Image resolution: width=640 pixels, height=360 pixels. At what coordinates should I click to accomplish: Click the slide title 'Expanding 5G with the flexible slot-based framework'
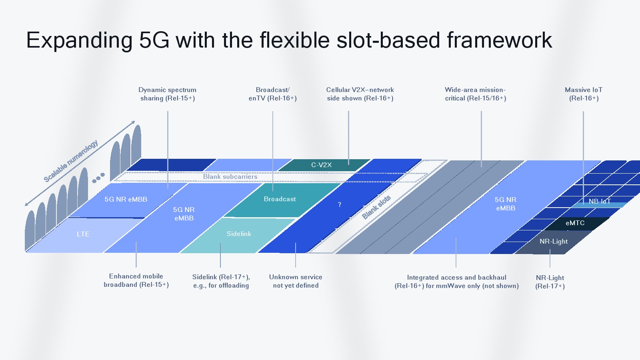point(289,40)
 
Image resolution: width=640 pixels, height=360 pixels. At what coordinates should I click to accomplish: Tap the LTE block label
point(83,234)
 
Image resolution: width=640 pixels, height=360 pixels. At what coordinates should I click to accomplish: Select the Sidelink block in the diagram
point(239,234)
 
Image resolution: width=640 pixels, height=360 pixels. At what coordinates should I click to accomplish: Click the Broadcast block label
point(280,199)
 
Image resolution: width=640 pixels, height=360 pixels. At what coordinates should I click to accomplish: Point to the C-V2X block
point(322,165)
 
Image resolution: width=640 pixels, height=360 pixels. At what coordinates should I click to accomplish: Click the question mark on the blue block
point(340,205)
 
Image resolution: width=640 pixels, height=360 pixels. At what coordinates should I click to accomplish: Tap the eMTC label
point(575,223)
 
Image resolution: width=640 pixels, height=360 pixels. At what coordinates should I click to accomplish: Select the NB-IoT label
point(599,201)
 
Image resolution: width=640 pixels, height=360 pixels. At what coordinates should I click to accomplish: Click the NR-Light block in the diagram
point(554,242)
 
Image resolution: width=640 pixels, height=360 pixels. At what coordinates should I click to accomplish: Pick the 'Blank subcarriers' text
point(230,177)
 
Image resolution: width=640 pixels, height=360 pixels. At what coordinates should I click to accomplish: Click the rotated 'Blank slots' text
point(376,208)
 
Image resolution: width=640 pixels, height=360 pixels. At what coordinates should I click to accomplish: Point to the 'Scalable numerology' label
point(71,161)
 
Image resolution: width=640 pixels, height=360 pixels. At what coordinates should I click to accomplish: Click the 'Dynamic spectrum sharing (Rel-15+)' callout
point(168,94)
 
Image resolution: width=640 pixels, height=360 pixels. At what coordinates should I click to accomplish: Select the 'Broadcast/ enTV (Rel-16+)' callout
point(272,94)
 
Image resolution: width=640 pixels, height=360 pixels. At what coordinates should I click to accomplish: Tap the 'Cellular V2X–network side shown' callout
point(360,94)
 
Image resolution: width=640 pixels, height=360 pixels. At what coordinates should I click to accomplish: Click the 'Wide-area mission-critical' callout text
point(475,94)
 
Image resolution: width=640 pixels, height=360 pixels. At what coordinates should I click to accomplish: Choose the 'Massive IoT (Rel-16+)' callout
point(584,94)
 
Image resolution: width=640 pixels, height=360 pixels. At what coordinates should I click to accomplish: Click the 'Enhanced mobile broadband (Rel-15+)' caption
point(136,280)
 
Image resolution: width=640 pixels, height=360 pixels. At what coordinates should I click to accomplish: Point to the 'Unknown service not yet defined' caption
point(296,281)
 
